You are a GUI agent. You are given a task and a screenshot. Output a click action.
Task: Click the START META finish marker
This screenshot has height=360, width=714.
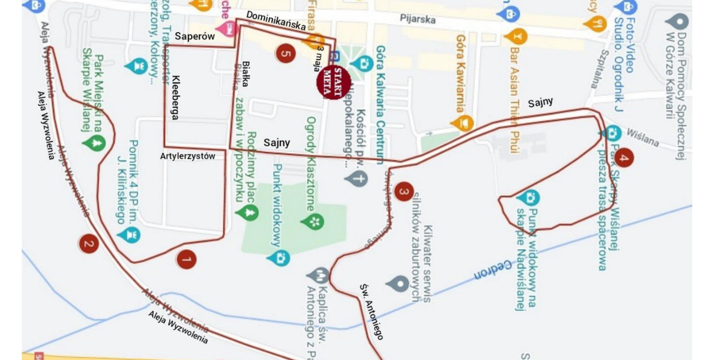coord(332,83)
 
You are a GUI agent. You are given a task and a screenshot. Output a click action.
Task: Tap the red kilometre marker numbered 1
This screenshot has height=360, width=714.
coord(186,259)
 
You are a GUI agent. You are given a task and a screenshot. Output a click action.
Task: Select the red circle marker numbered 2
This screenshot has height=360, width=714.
coord(88,245)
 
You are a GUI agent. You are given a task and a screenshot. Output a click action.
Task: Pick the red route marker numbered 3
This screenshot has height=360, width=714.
coord(403,191)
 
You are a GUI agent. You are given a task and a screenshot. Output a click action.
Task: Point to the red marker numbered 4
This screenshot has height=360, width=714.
coord(623,158)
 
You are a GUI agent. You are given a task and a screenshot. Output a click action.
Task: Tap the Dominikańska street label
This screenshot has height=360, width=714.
coord(276,21)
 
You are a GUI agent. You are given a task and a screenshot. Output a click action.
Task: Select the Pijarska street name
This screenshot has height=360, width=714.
coord(418,19)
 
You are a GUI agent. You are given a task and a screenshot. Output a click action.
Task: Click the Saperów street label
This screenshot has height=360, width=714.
coord(194,37)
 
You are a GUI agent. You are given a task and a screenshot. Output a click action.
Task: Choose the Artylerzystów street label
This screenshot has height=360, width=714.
coord(187,156)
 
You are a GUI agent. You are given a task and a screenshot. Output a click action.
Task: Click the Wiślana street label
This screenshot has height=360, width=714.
coord(643,138)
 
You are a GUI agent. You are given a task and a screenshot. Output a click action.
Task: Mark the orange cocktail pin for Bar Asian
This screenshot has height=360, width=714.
coord(515,37)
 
